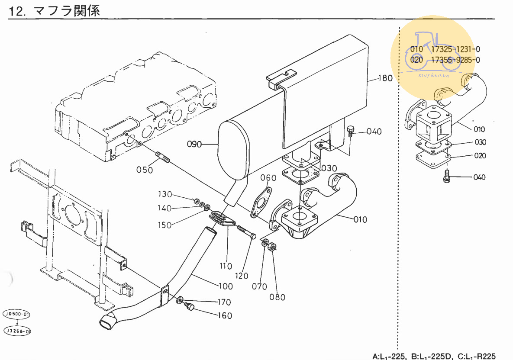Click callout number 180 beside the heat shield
point(385,78)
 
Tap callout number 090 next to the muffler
point(195,145)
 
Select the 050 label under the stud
point(145,170)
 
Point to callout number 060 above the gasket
point(268,178)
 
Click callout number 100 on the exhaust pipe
point(225,286)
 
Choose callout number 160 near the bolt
point(224,316)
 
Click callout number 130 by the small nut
point(165,194)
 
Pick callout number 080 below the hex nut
point(277,297)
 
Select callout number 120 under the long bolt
point(242,276)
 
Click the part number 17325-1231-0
point(455,49)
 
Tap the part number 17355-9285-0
point(455,60)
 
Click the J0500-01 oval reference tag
point(16,314)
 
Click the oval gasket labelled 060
point(261,202)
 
